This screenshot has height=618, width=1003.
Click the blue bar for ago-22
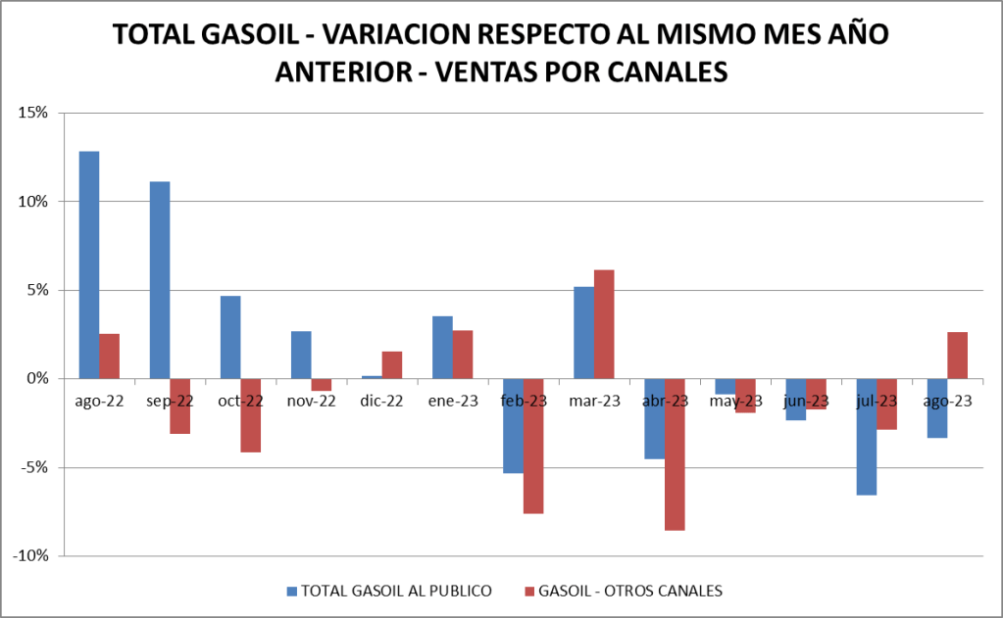coord(89,264)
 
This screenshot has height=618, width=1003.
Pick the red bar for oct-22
coord(251,415)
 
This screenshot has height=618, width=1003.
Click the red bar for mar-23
coord(604,324)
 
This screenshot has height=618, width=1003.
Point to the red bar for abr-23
coord(675,454)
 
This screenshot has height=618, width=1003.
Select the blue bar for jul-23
coord(867,437)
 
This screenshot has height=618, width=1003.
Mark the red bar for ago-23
coord(957,356)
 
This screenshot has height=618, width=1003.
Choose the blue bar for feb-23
coord(513,426)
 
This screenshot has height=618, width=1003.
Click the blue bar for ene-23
coord(442,348)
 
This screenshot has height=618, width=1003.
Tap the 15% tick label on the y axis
coord(33,113)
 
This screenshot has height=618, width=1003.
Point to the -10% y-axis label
coord(30,555)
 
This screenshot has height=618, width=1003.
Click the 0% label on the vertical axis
coord(37,378)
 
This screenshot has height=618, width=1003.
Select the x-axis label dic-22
coord(381,401)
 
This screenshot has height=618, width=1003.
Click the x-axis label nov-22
coord(311,401)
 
